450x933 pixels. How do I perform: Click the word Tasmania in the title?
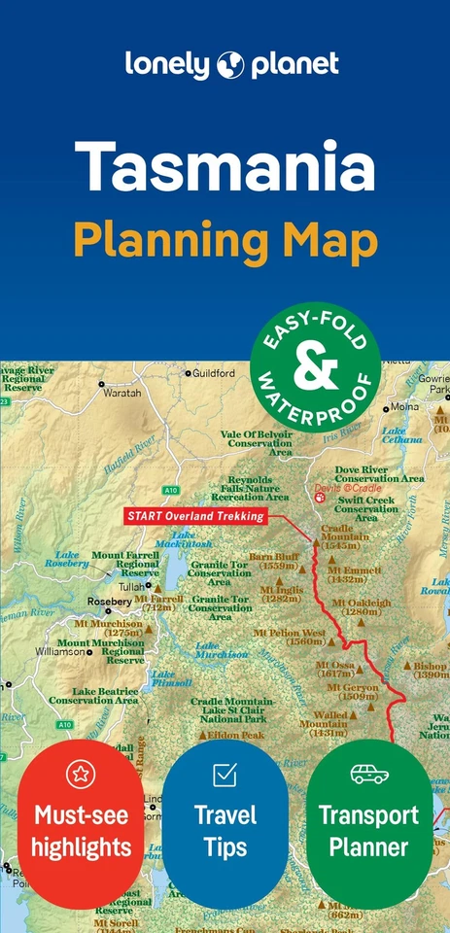(225, 166)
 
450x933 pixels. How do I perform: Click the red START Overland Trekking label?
(194, 516)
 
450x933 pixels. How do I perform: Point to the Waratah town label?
(122, 393)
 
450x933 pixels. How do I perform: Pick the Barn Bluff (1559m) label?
(273, 561)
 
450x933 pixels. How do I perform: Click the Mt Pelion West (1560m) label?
(289, 636)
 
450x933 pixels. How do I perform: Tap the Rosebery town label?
(109, 601)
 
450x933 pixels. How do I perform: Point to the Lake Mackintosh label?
(191, 539)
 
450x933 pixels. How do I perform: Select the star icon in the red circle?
(80, 775)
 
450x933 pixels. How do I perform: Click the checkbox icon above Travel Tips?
(225, 775)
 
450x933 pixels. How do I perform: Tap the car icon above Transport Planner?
(368, 775)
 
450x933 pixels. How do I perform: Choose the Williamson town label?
(60, 652)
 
